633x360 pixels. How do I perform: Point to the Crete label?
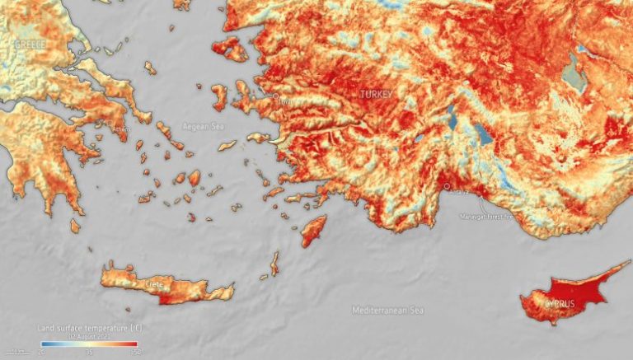pos(155,284)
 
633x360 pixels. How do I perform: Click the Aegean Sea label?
pos(202,126)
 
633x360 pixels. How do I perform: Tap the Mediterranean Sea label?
pos(387,311)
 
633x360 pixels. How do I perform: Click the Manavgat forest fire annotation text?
pos(486,217)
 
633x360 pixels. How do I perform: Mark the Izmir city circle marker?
pos(276,96)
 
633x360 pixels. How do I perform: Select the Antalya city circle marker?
pos(448,187)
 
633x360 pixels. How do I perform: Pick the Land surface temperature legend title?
pos(89,328)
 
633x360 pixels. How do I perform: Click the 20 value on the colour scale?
pos(41,352)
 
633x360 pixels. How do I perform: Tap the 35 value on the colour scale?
pos(88,352)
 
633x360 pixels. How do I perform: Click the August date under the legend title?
pos(88,336)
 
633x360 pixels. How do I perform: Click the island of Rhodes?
pos(313,230)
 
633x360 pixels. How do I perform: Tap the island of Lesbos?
pos(230,49)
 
